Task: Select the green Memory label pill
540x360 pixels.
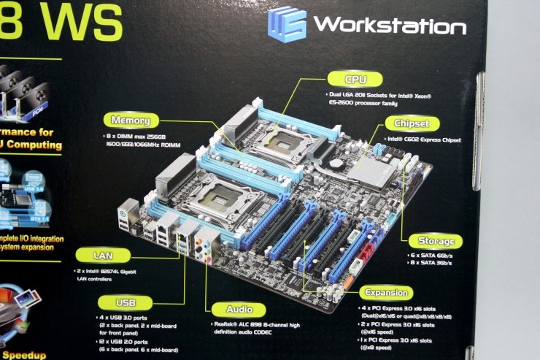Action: coord(131,120)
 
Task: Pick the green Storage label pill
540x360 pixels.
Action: coord(435,240)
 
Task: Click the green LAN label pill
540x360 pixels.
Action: coord(103,256)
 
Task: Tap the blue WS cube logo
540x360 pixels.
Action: coord(286,24)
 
